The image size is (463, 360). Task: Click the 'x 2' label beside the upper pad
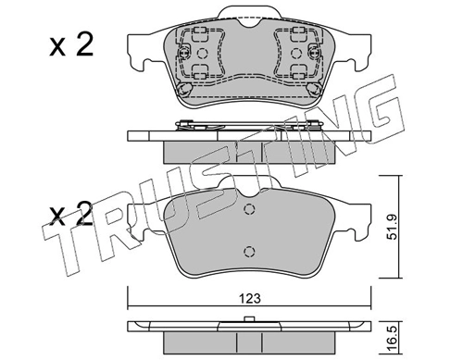point(70,46)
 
